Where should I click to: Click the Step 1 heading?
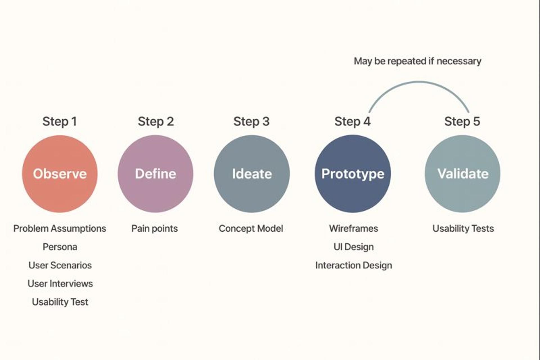(60, 122)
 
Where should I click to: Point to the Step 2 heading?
(156, 122)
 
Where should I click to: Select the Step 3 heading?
(251, 122)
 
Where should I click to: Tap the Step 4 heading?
(352, 122)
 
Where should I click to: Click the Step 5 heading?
(462, 122)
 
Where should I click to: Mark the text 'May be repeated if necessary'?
(417, 61)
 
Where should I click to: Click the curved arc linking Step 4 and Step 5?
(418, 82)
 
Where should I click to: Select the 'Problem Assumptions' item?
(60, 229)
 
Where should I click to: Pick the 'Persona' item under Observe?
(60, 247)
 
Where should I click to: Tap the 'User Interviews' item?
(60, 283)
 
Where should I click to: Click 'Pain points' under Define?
(154, 229)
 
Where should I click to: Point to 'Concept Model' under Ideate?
(251, 229)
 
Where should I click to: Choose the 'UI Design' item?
(354, 247)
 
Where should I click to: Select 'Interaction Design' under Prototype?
(354, 265)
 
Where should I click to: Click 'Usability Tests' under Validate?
(463, 229)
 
